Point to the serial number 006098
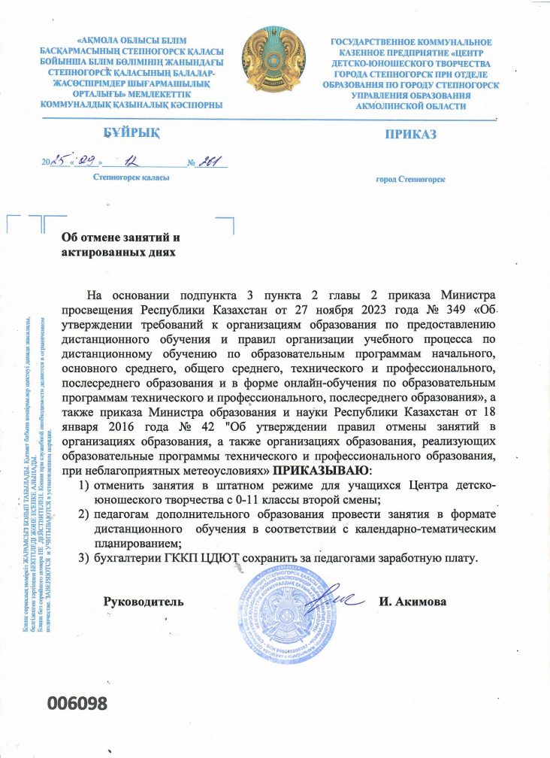point(78,703)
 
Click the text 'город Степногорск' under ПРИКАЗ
point(410,180)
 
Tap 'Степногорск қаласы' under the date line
point(131,177)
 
